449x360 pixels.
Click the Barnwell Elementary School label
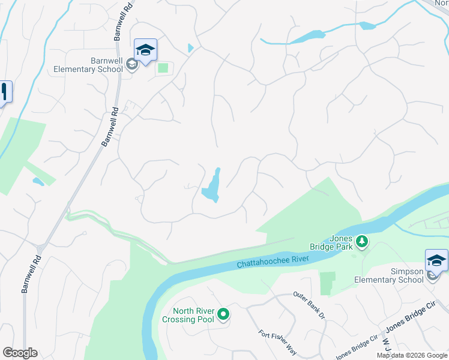pyautogui.click(x=88, y=65)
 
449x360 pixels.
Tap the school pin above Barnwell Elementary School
pyautogui.click(x=145, y=50)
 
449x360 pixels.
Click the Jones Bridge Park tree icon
pyautogui.click(x=361, y=241)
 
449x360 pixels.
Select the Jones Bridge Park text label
pyautogui.click(x=340, y=242)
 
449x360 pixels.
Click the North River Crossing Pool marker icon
pyautogui.click(x=223, y=314)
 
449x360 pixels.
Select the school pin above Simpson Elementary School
pyautogui.click(x=436, y=260)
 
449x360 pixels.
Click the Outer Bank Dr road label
pyautogui.click(x=309, y=305)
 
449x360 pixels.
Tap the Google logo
pyautogui.click(x=20, y=353)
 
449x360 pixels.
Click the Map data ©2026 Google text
pyautogui.click(x=412, y=355)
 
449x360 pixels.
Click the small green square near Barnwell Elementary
pyautogui.click(x=163, y=68)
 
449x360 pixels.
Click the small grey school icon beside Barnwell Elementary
pyautogui.click(x=132, y=68)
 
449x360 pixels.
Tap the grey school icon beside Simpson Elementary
pyautogui.click(x=432, y=275)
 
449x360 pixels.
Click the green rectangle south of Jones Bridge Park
pyautogui.click(x=327, y=283)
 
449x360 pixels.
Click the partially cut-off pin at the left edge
pyautogui.click(x=5, y=92)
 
